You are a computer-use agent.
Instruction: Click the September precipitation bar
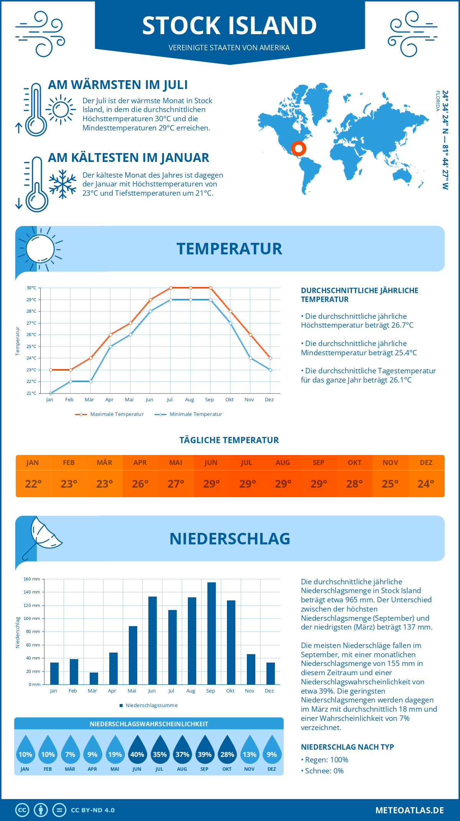[x=211, y=633]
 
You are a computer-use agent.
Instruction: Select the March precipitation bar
[x=94, y=678]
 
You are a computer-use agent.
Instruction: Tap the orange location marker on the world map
[x=298, y=148]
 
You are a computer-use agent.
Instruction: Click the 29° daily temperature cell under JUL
[x=247, y=484]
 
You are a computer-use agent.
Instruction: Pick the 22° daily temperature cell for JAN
[x=33, y=484]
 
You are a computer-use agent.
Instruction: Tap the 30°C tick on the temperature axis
[x=31, y=288]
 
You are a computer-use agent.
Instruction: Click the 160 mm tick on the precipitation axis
[x=32, y=579]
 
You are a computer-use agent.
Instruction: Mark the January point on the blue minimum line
[x=51, y=393]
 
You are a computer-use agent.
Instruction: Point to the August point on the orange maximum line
[x=191, y=288]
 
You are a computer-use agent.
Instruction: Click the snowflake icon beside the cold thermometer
[x=62, y=184]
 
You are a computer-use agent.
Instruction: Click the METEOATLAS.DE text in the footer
[x=409, y=810]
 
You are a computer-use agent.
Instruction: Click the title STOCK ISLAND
[x=229, y=25]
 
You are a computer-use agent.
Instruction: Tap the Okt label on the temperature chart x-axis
[x=229, y=400]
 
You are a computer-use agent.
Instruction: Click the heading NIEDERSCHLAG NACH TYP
[x=347, y=747]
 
